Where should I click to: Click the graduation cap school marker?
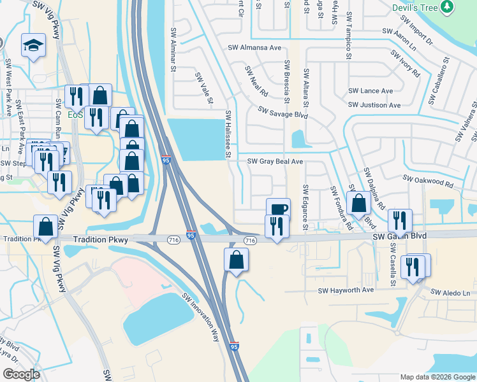(x=33, y=46)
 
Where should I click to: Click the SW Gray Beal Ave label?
(x=275, y=162)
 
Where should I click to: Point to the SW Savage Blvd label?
(x=283, y=113)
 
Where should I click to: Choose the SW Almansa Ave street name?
(x=254, y=48)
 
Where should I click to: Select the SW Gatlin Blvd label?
(x=399, y=236)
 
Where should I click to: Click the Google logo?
(x=21, y=374)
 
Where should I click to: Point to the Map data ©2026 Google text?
(x=437, y=377)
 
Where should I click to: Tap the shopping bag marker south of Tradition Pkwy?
(x=236, y=260)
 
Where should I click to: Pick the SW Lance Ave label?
(x=371, y=91)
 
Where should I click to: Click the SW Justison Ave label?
(x=374, y=105)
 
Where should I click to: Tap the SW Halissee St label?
(x=227, y=134)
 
